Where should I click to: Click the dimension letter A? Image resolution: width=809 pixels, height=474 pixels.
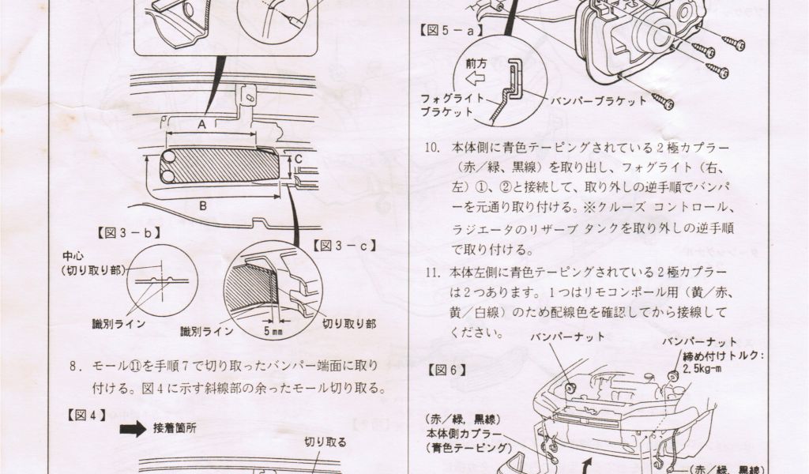pyautogui.click(x=202, y=125)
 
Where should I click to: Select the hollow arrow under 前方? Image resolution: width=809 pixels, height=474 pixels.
pyautogui.click(x=474, y=79)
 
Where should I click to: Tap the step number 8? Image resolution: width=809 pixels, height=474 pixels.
pyautogui.click(x=76, y=367)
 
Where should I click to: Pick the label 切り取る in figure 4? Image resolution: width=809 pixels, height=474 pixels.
pyautogui.click(x=325, y=442)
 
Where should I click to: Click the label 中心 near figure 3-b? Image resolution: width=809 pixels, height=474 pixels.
pyautogui.click(x=73, y=257)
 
